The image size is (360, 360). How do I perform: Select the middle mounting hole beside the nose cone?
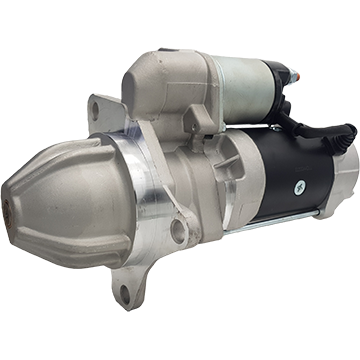(179, 233)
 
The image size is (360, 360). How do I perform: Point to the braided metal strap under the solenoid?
(250, 124)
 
